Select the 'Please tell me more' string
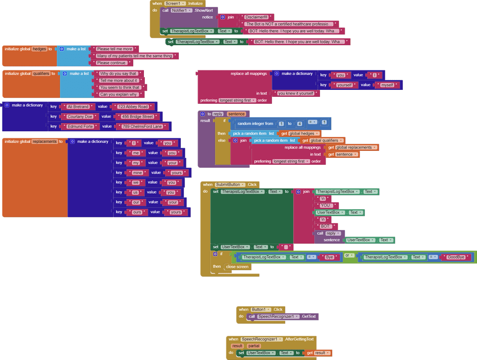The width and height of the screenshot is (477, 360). point(115,49)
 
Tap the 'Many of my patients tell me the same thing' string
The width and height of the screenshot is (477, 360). point(135,56)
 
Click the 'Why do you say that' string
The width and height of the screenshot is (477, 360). point(118,74)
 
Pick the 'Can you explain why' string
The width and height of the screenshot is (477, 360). point(119,95)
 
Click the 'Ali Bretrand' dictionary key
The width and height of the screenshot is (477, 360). point(78,107)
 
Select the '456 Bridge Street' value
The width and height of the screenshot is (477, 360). point(137,116)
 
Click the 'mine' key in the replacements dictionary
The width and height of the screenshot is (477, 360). point(137,173)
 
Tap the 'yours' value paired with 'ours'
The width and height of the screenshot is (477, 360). point(176,212)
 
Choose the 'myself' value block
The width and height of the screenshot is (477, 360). point(387,85)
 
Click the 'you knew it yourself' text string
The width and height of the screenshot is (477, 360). point(295,94)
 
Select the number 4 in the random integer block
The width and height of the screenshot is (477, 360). point(299,124)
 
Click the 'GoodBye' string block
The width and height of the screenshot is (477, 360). point(456,257)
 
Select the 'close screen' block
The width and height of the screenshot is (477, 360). point(237,267)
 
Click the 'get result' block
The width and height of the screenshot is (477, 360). point(319,353)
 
